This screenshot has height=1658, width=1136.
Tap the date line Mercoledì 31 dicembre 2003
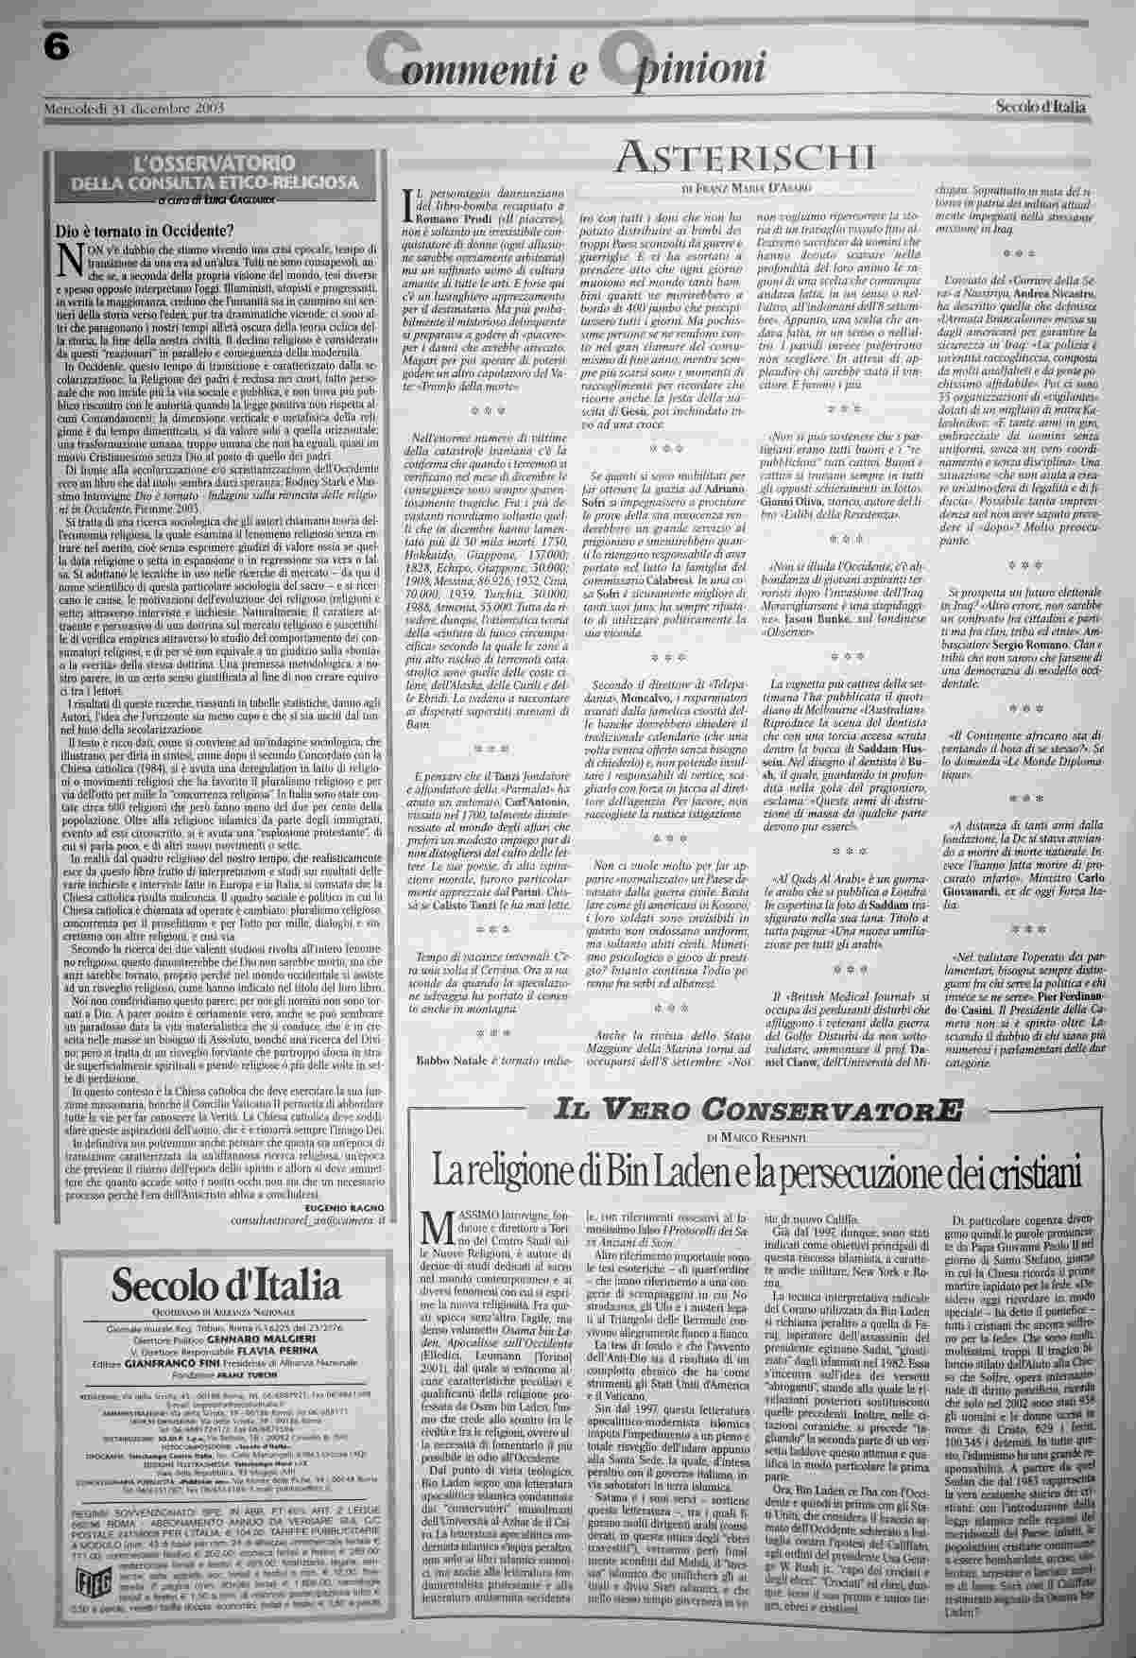pyautogui.click(x=133, y=107)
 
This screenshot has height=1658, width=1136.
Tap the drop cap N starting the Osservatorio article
pyautogui.click(x=67, y=256)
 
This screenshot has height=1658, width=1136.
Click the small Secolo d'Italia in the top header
pyautogui.click(x=1041, y=107)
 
